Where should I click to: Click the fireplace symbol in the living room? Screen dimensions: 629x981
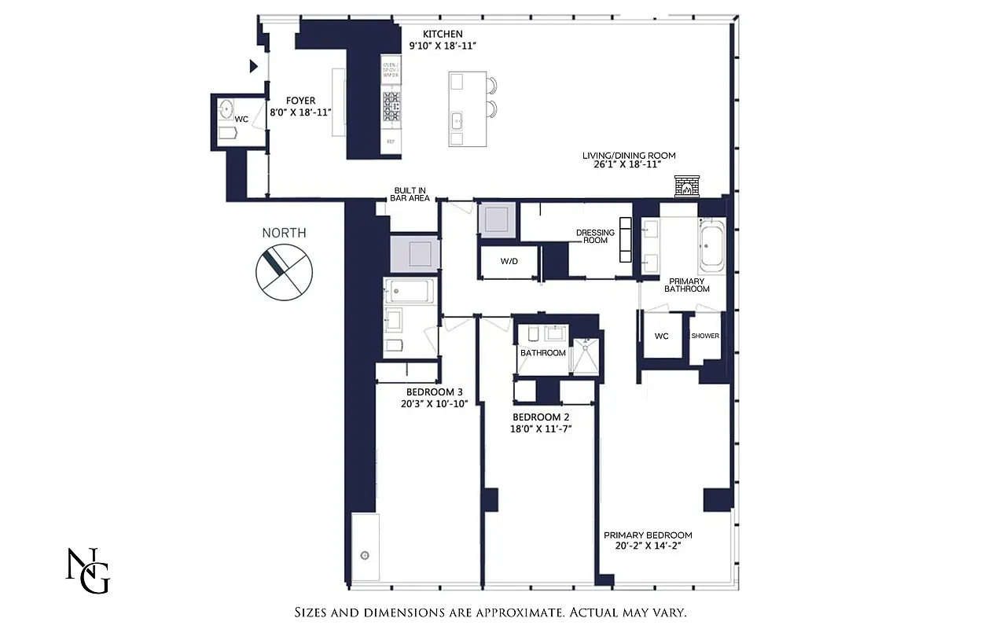685,187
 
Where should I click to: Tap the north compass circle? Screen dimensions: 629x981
284,271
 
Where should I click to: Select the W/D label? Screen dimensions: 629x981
509,261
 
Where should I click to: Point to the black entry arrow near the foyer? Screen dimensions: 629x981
253,67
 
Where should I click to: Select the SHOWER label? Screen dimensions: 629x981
705,336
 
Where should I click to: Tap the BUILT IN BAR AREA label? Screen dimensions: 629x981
410,194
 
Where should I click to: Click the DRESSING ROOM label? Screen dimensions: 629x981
595,236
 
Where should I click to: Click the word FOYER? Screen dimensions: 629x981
300,101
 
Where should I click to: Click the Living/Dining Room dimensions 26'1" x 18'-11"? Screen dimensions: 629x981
629,166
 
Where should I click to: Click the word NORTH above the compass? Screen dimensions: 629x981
284,233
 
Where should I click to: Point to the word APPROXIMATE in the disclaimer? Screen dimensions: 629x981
504,612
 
